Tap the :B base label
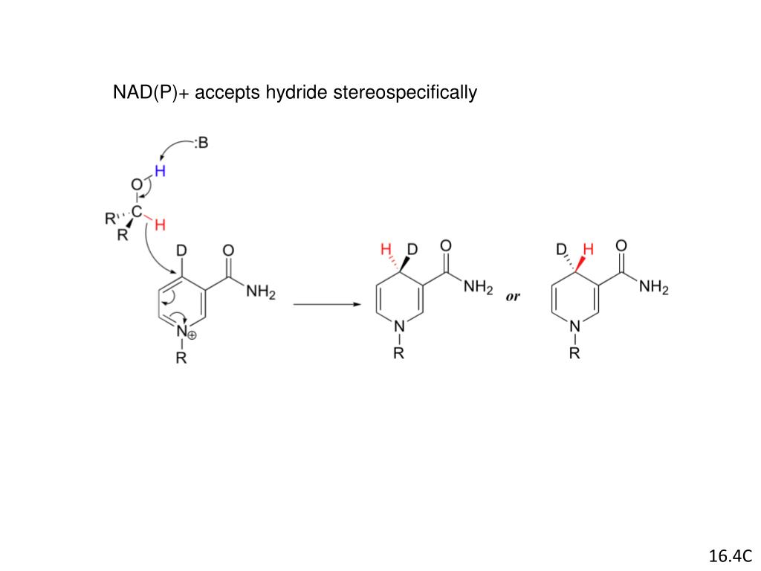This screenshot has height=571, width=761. pyautogui.click(x=201, y=143)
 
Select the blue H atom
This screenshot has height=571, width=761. pyautogui.click(x=160, y=170)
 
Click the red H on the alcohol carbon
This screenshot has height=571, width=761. pyautogui.click(x=160, y=225)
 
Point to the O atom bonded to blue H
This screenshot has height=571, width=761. pyautogui.click(x=136, y=184)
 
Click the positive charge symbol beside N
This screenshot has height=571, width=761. pyautogui.click(x=192, y=336)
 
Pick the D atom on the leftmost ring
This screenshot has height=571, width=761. pyautogui.click(x=181, y=253)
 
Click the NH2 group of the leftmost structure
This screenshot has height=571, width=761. pyautogui.click(x=261, y=293)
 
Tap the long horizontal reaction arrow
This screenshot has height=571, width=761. pyautogui.click(x=326, y=304)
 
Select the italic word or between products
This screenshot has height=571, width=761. pyautogui.click(x=513, y=296)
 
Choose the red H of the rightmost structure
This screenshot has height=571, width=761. pyautogui.click(x=589, y=249)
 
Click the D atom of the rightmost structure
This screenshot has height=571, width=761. pyautogui.click(x=563, y=248)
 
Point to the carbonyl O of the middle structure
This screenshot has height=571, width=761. pyautogui.click(x=446, y=245)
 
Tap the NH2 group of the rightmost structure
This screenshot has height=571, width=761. pyautogui.click(x=654, y=287)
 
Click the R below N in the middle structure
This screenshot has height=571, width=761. pyautogui.click(x=399, y=354)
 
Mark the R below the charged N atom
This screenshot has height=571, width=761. pyautogui.click(x=181, y=359)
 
